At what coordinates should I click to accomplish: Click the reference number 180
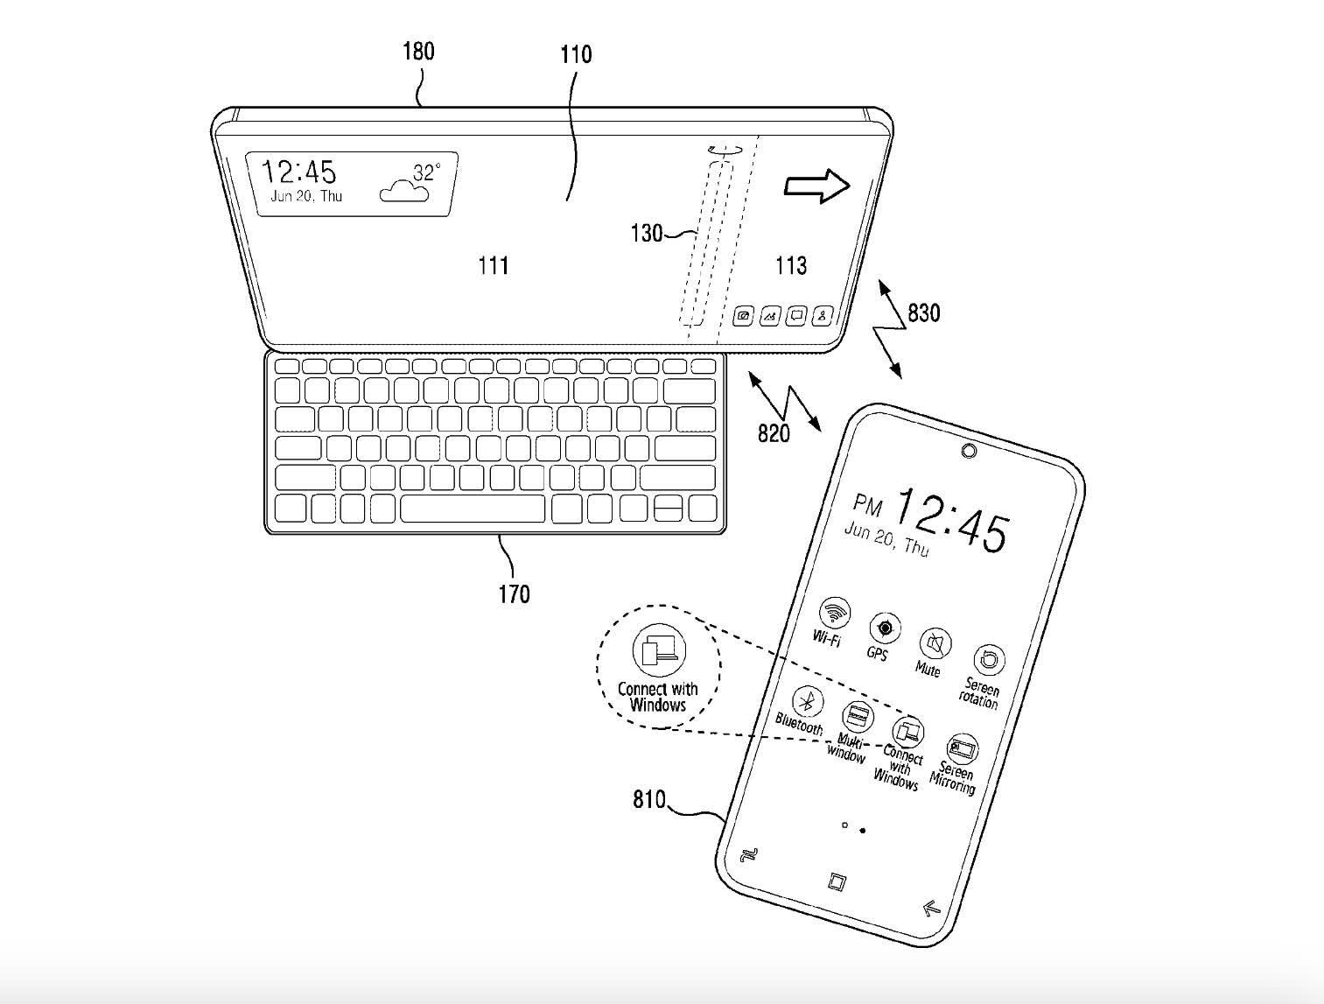417,52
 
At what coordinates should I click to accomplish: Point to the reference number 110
576,55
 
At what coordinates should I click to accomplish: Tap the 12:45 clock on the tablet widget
299,171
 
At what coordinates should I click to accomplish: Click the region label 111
494,265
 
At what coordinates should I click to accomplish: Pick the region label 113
790,265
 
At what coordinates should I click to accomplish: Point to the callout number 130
646,233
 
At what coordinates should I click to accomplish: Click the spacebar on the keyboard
473,508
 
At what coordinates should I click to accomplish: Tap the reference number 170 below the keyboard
514,594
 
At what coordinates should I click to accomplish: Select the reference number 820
773,432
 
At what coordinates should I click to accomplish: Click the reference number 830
923,312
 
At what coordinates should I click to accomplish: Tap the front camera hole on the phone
969,451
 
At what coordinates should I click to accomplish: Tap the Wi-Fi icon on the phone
835,611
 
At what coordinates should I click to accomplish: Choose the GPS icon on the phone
885,628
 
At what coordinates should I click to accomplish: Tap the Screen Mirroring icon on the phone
962,749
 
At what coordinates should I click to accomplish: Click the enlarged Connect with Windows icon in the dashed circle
659,650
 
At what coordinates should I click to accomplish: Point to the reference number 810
648,799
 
